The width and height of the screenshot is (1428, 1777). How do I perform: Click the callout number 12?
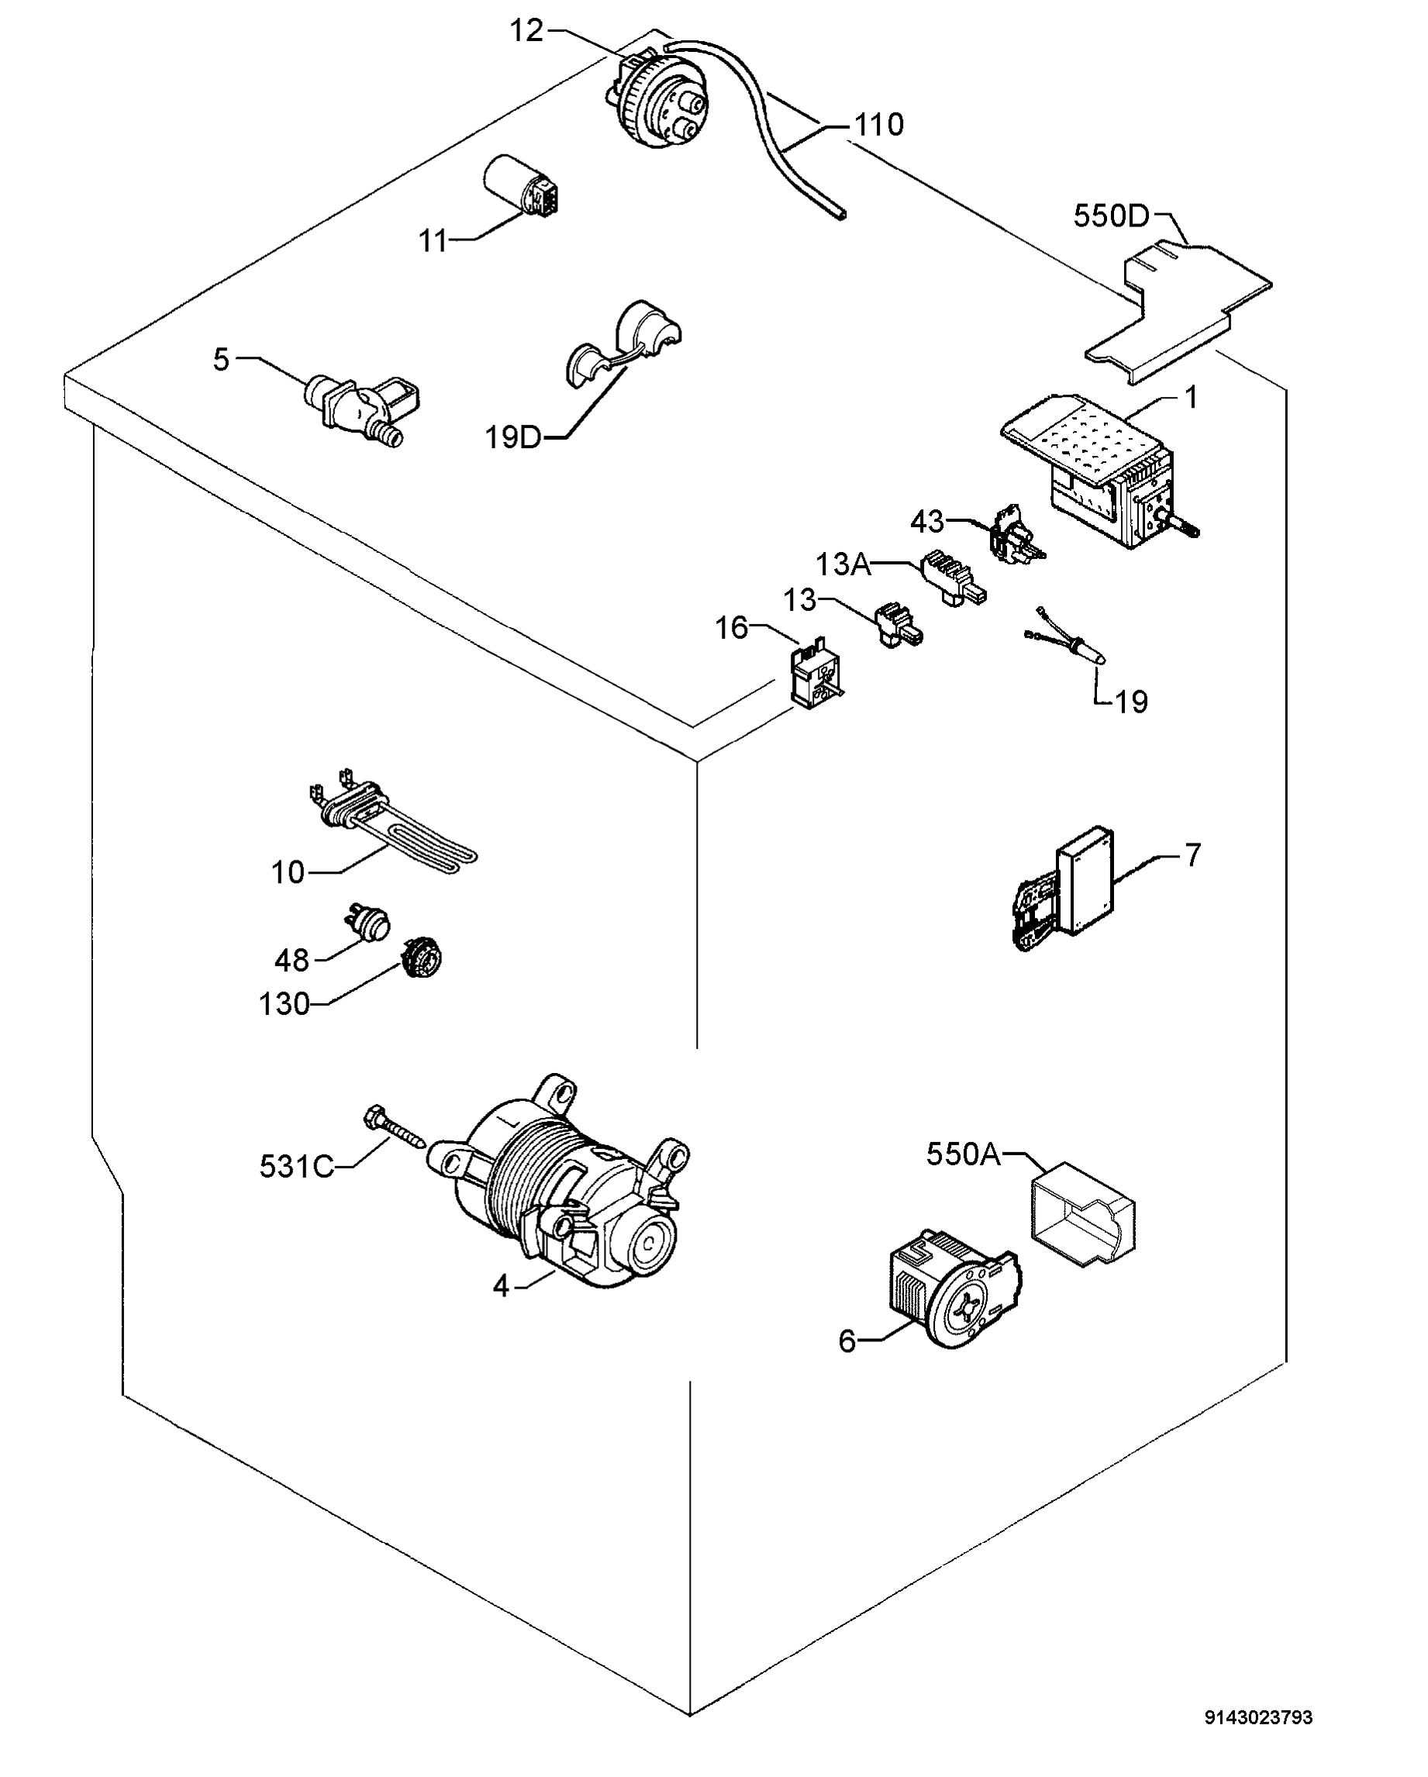point(526,31)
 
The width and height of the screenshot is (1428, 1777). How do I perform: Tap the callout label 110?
point(878,126)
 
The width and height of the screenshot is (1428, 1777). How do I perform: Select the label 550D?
point(1110,216)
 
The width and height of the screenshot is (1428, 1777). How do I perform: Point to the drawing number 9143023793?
point(1258,1717)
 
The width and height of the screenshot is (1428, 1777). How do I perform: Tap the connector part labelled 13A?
point(953,577)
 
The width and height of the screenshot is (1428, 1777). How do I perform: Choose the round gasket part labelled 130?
point(422,959)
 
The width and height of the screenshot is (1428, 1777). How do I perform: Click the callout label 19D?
point(512,436)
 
